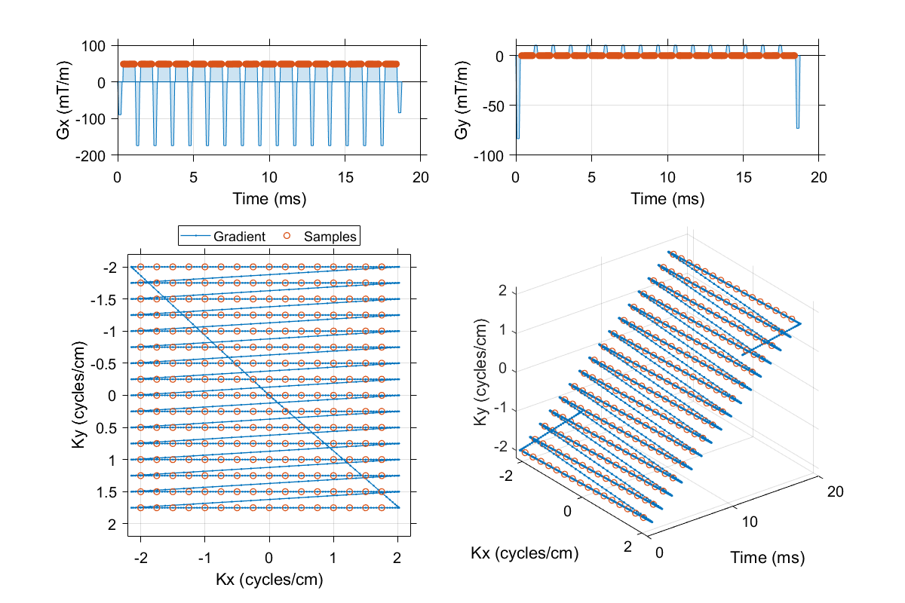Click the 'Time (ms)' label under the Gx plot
[x=270, y=199]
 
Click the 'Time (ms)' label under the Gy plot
[x=667, y=199]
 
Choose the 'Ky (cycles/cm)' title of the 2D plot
[x=78, y=395]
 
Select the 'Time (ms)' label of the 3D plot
[x=767, y=559]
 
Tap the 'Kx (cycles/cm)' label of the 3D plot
[x=524, y=554]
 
